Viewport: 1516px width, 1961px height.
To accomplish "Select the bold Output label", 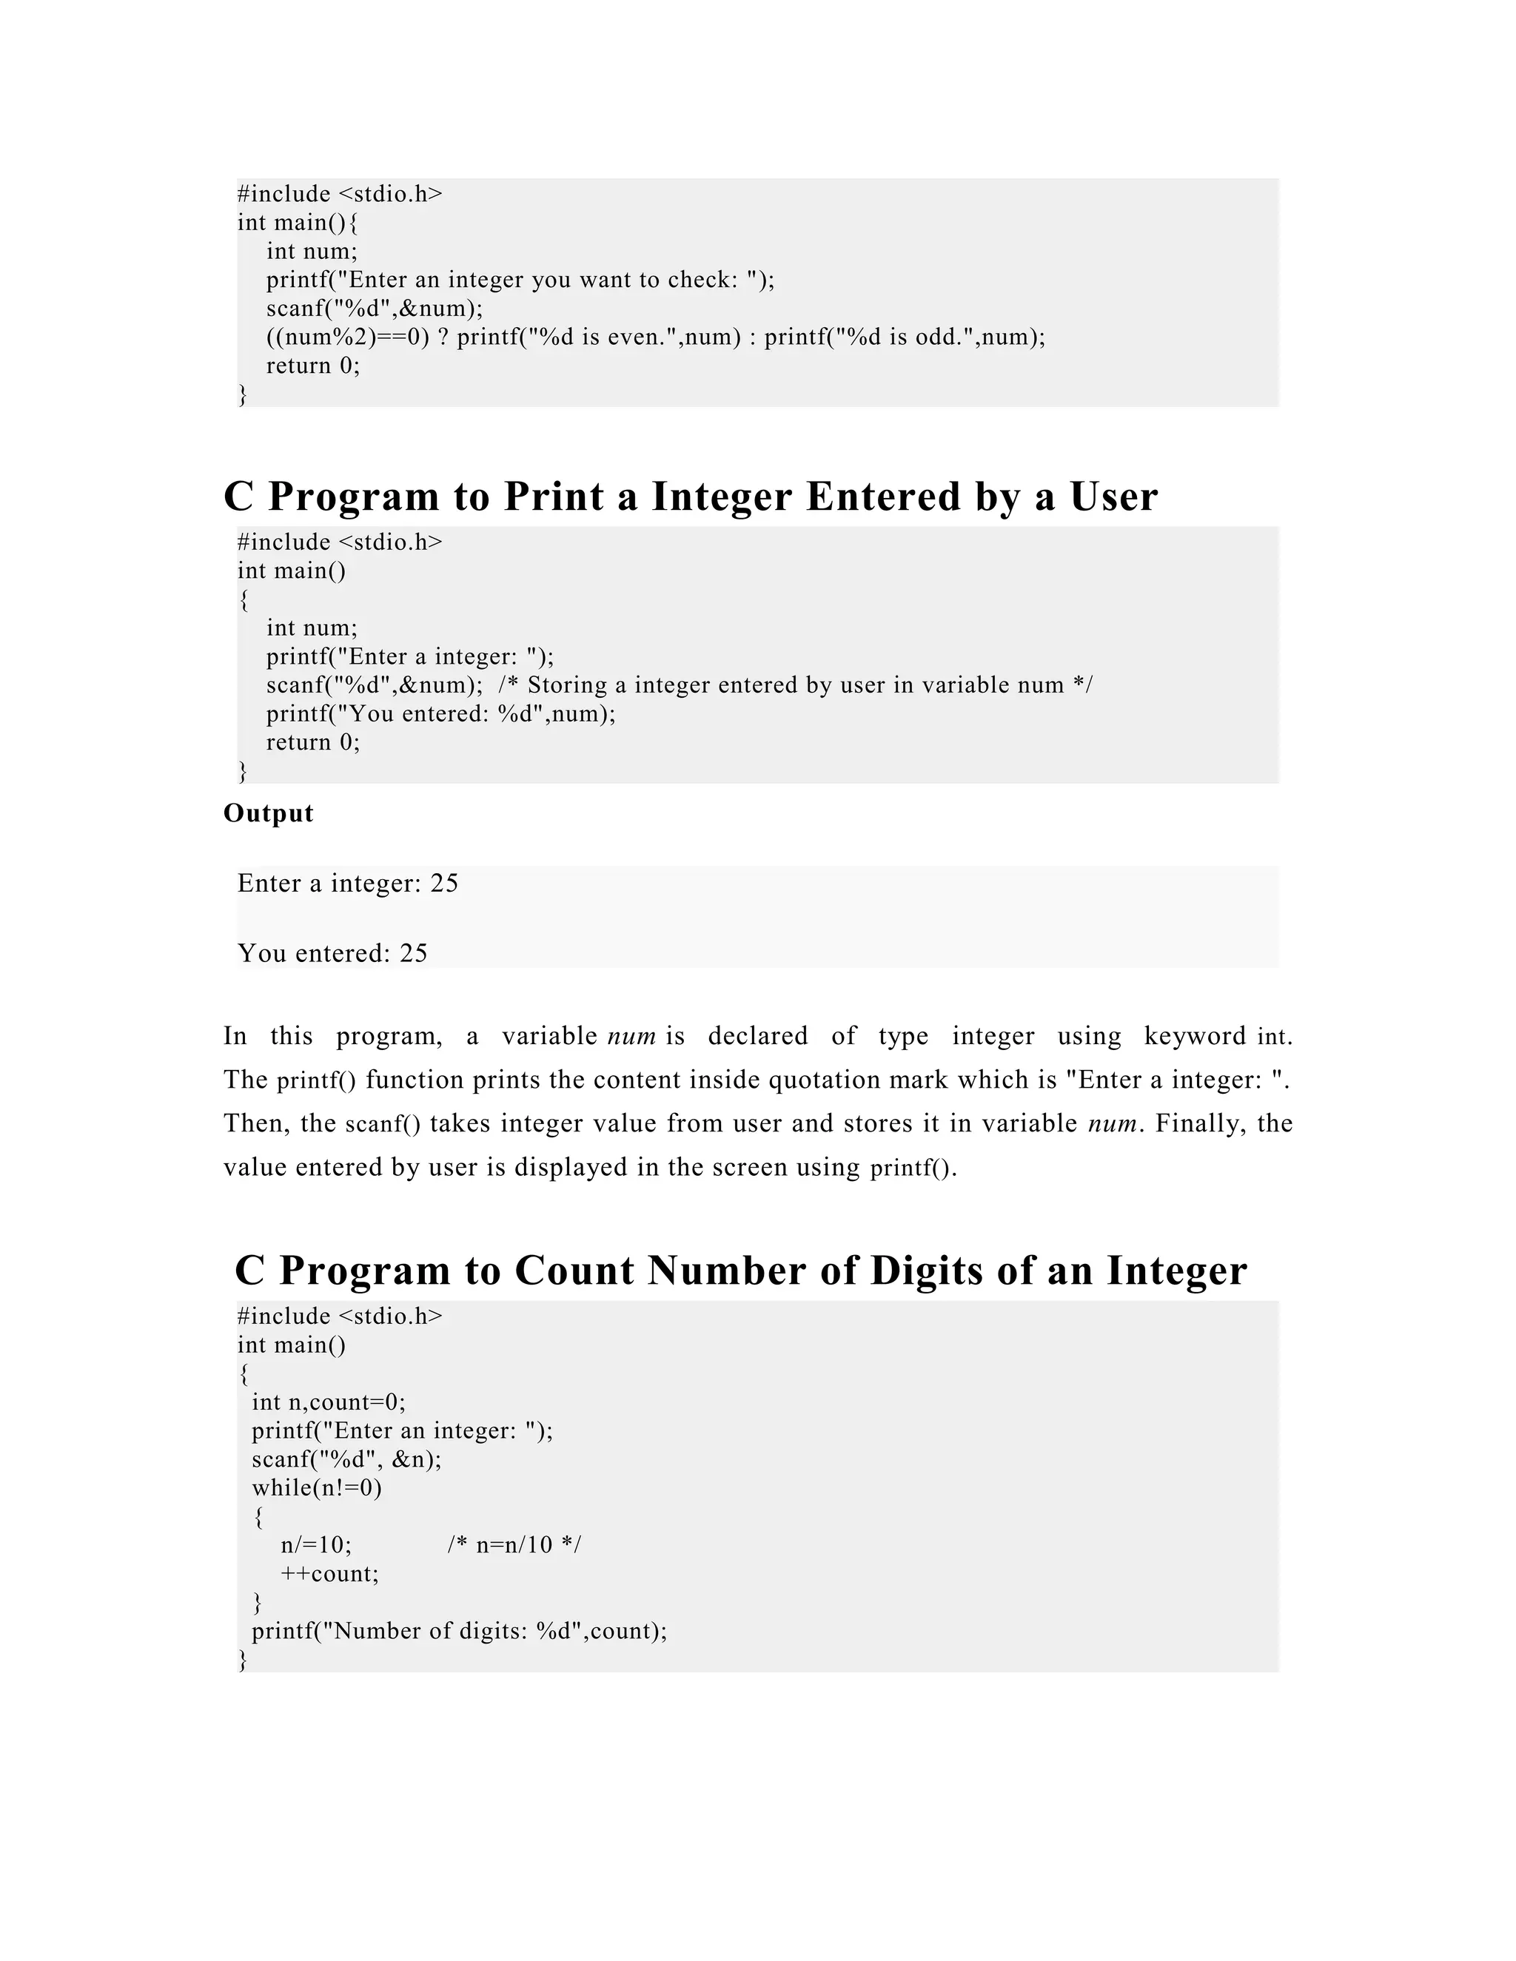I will (x=269, y=813).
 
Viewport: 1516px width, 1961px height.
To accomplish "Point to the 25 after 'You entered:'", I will (x=413, y=954).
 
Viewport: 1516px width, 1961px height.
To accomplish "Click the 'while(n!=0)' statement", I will (x=317, y=1489).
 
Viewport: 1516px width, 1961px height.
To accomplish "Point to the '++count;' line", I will (x=329, y=1575).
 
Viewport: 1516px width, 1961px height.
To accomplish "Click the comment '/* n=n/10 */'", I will (x=514, y=1546).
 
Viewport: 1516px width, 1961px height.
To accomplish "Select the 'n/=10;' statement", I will (x=316, y=1546).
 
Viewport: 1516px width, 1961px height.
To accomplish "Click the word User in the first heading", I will (x=1113, y=497).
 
